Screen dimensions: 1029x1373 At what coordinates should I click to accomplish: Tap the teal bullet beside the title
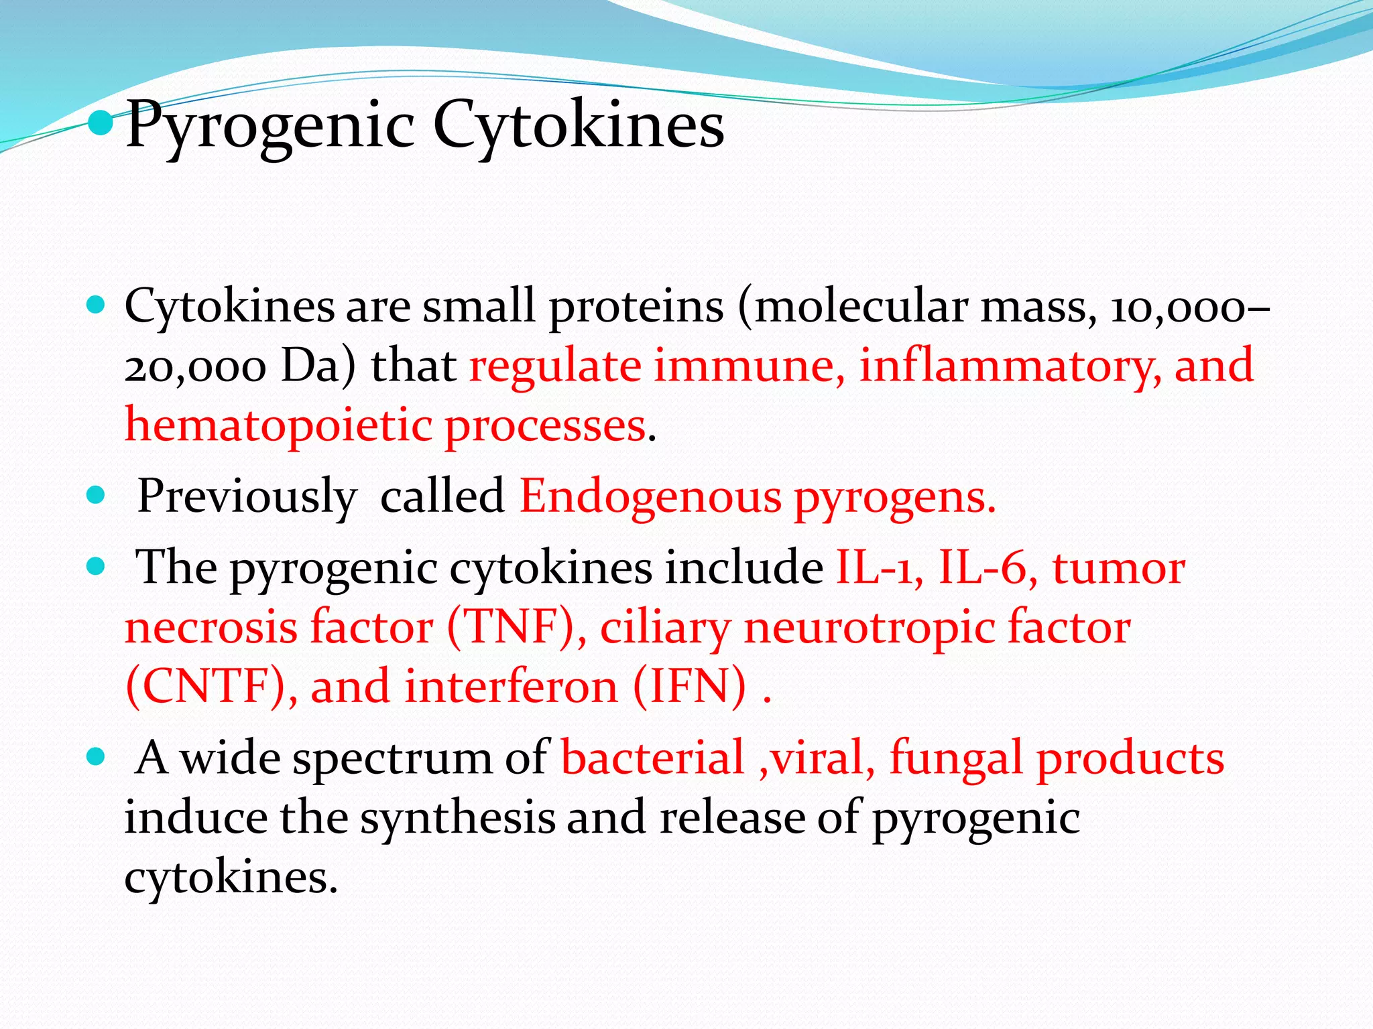(x=101, y=123)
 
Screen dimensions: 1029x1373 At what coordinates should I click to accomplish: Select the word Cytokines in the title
(x=578, y=125)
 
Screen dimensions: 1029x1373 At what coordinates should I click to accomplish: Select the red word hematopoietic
(x=278, y=427)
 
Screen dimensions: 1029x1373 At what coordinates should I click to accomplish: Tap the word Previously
(x=247, y=498)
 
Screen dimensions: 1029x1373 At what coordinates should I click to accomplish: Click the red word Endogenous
(x=650, y=498)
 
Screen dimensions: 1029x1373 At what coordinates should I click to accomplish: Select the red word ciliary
(x=664, y=628)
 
